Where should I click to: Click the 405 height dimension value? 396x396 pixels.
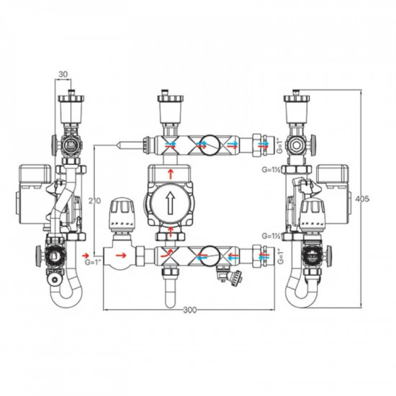click(362, 199)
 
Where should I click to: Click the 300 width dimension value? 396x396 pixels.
click(189, 310)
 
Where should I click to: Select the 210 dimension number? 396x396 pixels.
click(94, 201)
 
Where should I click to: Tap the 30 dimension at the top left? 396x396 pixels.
click(63, 74)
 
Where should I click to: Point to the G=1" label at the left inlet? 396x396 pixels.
click(93, 262)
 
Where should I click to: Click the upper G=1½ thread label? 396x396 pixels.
click(271, 170)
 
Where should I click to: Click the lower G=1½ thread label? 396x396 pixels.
click(271, 236)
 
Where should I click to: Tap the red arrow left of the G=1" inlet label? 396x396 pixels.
click(86, 256)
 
